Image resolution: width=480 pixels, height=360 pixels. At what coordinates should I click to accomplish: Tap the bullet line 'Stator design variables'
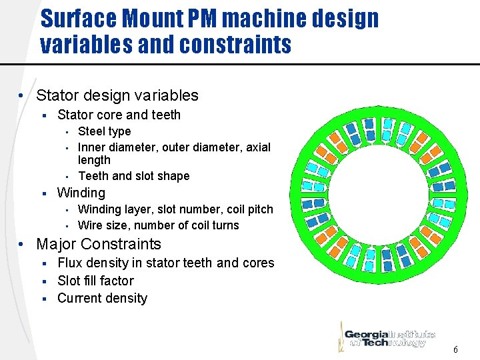(117, 95)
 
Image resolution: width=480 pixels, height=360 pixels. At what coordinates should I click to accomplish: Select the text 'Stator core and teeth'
(119, 115)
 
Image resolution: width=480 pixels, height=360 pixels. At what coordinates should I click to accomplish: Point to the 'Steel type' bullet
(104, 131)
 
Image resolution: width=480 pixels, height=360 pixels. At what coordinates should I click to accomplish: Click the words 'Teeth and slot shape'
(133, 176)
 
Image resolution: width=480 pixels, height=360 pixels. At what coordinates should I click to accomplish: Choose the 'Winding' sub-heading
(81, 193)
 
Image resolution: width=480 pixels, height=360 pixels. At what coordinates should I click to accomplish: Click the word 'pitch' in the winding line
(259, 209)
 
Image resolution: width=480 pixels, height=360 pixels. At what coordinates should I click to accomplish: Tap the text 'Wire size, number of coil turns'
(158, 225)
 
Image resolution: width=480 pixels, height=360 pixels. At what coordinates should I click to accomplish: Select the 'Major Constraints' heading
(99, 244)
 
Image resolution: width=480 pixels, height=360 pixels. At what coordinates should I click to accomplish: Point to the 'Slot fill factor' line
(95, 281)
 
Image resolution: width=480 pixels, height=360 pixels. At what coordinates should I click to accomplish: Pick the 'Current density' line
(102, 298)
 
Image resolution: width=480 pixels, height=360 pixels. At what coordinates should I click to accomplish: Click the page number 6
(455, 349)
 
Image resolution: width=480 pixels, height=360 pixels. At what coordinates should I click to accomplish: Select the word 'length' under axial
(94, 160)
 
